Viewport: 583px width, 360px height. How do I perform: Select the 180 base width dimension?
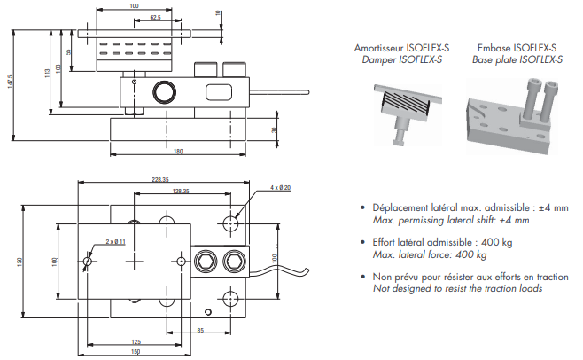pyautogui.click(x=178, y=152)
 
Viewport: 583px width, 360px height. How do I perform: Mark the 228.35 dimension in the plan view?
pyautogui.click(x=160, y=180)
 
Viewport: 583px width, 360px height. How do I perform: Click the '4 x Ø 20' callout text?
pyautogui.click(x=279, y=188)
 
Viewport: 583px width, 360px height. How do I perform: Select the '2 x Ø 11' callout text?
pyautogui.click(x=115, y=241)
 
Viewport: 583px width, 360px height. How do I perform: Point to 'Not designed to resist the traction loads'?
pyautogui.click(x=458, y=288)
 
